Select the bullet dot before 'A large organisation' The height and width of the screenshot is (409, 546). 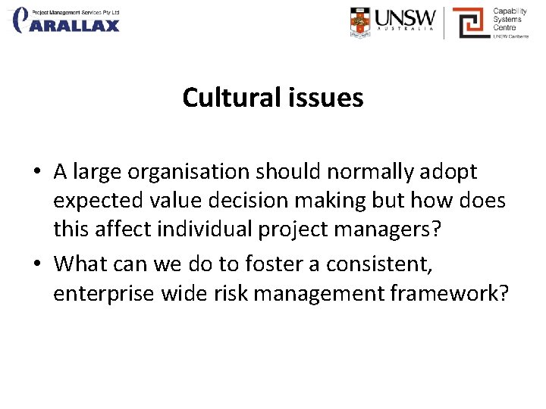(x=36, y=173)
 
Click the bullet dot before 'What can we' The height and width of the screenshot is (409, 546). (x=36, y=264)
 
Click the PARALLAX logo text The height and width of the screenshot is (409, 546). (x=76, y=25)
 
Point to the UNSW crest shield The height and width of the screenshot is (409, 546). (x=361, y=23)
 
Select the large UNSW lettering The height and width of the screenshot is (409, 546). (x=407, y=17)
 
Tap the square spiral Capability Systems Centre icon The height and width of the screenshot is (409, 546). (x=470, y=23)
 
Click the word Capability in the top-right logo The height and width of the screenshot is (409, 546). (x=510, y=11)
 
